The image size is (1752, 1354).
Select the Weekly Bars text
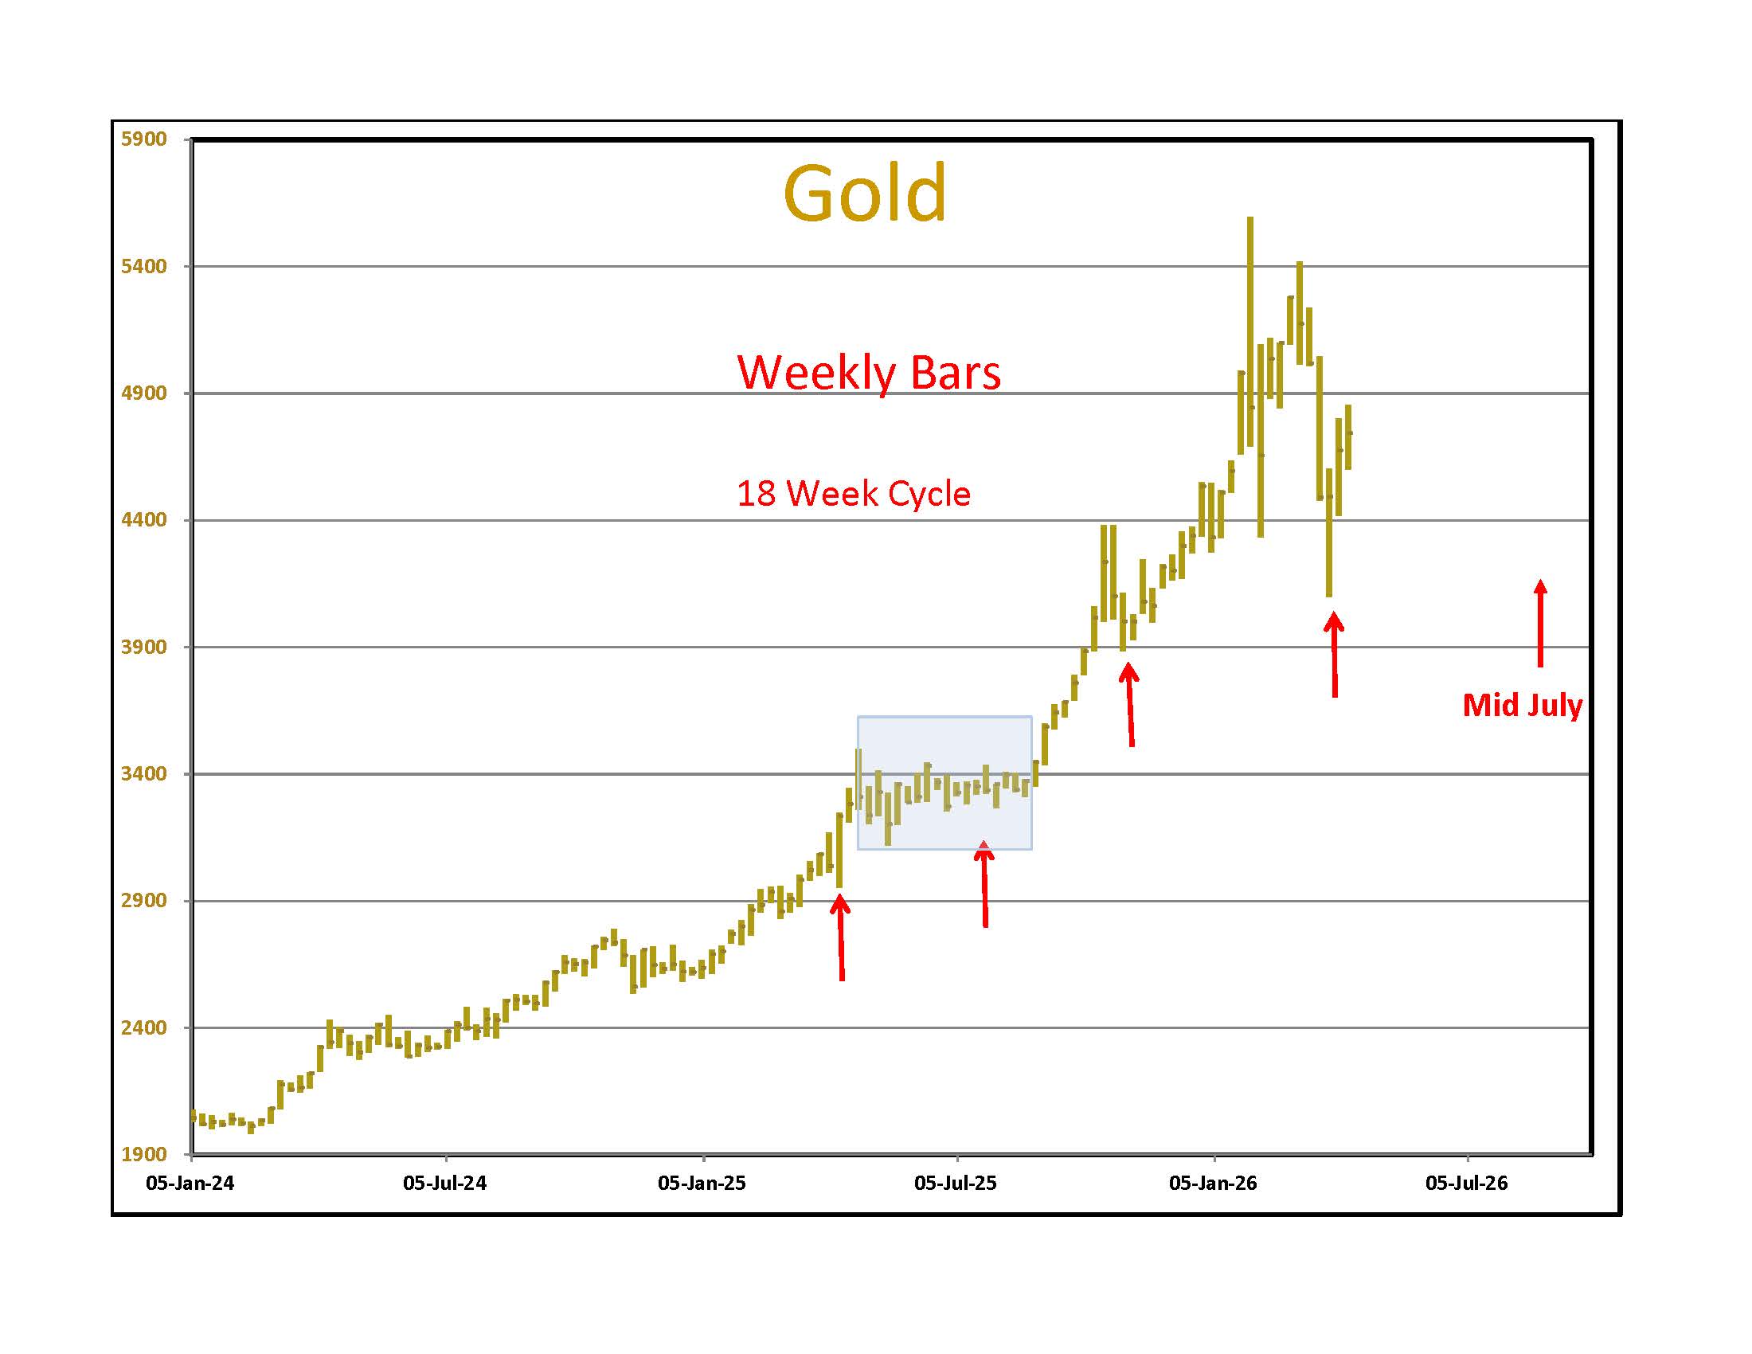pos(869,373)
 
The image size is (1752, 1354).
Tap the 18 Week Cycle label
pos(853,494)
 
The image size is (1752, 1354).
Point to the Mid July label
pos(1522,705)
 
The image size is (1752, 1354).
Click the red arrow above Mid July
pos(1539,624)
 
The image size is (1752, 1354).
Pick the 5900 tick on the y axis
pos(143,139)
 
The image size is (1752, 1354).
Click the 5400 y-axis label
pos(143,266)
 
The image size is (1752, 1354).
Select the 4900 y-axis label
pos(143,393)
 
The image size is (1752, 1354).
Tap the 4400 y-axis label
pos(143,520)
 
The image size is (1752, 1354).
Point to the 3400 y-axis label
pos(143,774)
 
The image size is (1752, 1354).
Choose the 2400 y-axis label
pos(143,1027)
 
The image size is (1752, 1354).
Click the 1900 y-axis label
pos(143,1154)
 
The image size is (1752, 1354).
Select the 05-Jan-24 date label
pos(190,1183)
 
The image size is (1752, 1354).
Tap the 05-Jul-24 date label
pos(444,1183)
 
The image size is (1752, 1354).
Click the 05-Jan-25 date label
pos(702,1183)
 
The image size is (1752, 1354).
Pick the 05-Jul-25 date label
pos(956,1183)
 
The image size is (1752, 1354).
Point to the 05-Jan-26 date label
pos(1213,1183)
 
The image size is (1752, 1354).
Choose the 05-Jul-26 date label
pos(1466,1183)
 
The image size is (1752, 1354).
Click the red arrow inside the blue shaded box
pos(984,882)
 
